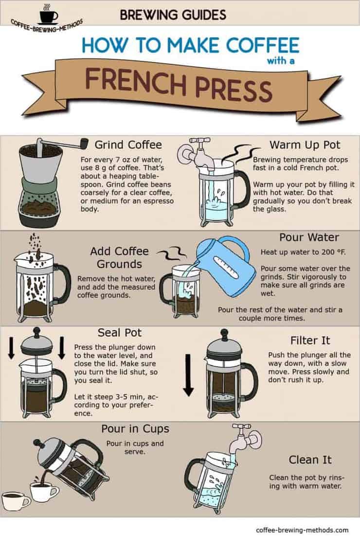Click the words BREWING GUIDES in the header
pyautogui.click(x=173, y=15)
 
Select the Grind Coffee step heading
pyautogui.click(x=128, y=144)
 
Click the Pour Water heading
pyautogui.click(x=309, y=237)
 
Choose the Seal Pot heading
pyautogui.click(x=119, y=333)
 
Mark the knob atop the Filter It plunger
pyautogui.click(x=224, y=334)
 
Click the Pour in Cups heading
pyautogui.click(x=135, y=429)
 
